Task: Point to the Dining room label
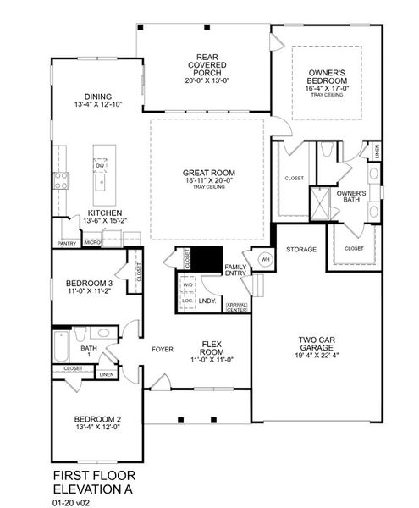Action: click(x=98, y=97)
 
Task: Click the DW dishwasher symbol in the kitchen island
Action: click(x=100, y=167)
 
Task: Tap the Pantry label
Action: click(x=67, y=244)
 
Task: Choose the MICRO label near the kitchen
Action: click(x=92, y=244)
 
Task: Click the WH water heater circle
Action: click(x=265, y=259)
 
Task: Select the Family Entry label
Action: click(x=235, y=271)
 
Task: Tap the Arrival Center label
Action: click(x=236, y=308)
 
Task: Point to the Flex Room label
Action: click(x=211, y=348)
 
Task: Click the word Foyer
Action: click(x=163, y=349)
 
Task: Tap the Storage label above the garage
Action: click(x=301, y=250)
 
